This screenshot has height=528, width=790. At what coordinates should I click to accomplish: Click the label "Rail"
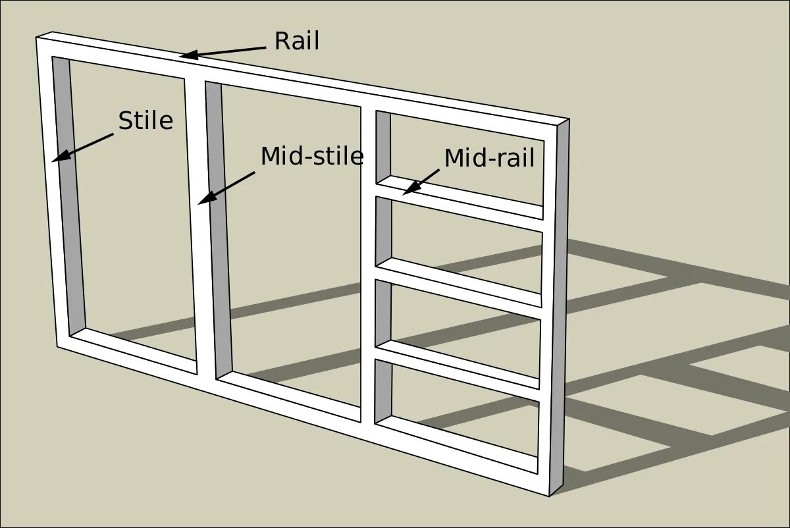coord(296,41)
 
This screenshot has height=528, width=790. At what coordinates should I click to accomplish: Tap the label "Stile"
coord(145,121)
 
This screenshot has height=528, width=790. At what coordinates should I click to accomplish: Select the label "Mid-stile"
coord(312,157)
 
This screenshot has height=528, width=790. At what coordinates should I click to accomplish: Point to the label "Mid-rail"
coord(489,159)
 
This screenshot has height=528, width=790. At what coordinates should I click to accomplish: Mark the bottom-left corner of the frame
coord(58,346)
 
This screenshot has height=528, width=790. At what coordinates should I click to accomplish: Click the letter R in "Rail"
coord(281,41)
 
